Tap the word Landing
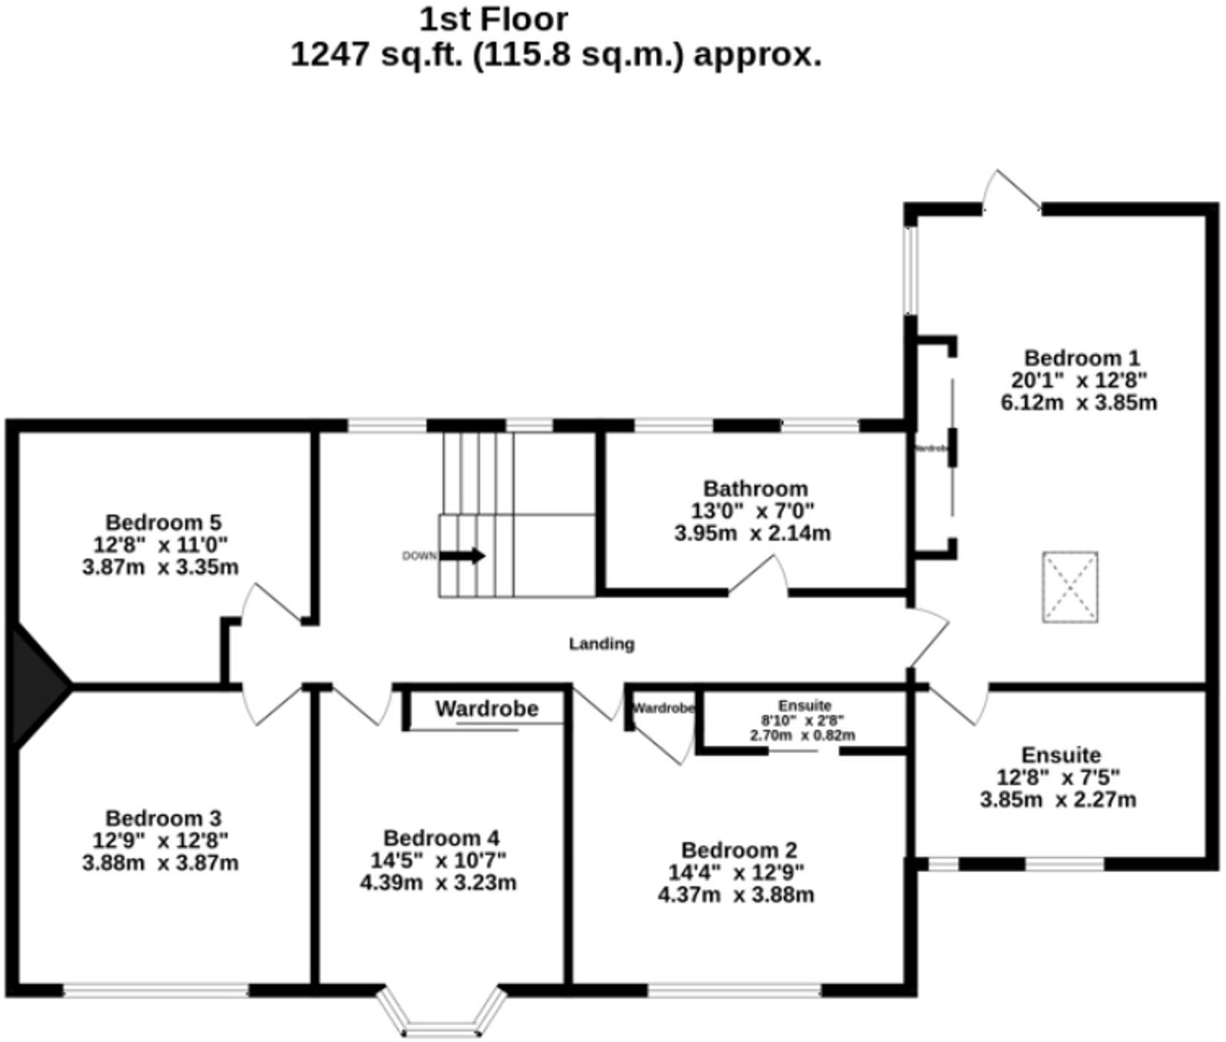[601, 644]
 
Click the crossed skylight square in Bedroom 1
[1070, 586]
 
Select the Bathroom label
[756, 489]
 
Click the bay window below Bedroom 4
[441, 1017]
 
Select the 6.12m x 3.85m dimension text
[1079, 403]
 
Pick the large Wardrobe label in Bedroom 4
[487, 709]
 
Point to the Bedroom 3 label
[163, 819]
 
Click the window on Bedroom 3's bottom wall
[156, 991]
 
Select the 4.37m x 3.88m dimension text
[735, 895]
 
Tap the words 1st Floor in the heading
[494, 20]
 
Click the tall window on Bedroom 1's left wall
[910, 269]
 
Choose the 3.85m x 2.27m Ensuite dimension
[1058, 800]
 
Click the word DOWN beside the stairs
[419, 556]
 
